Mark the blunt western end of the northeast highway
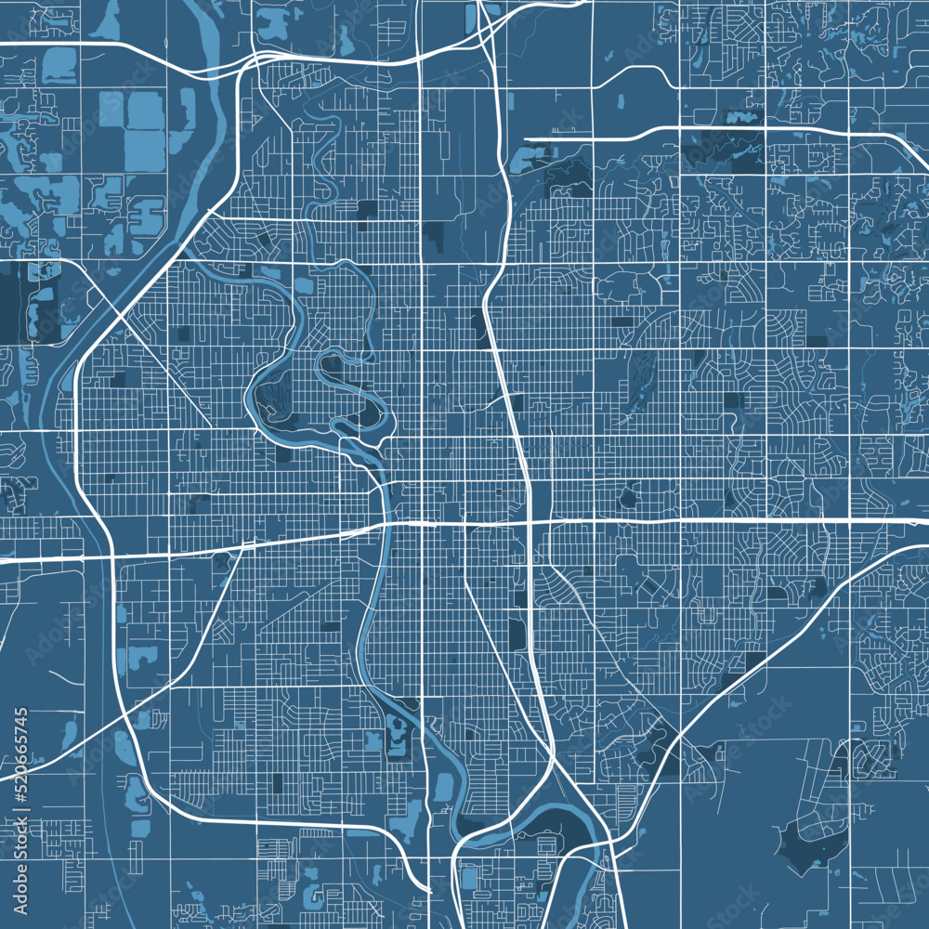[x=528, y=139]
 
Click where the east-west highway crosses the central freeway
[x=530, y=521]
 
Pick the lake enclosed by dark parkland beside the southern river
[x=398, y=734]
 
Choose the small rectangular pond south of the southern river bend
[x=469, y=877]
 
